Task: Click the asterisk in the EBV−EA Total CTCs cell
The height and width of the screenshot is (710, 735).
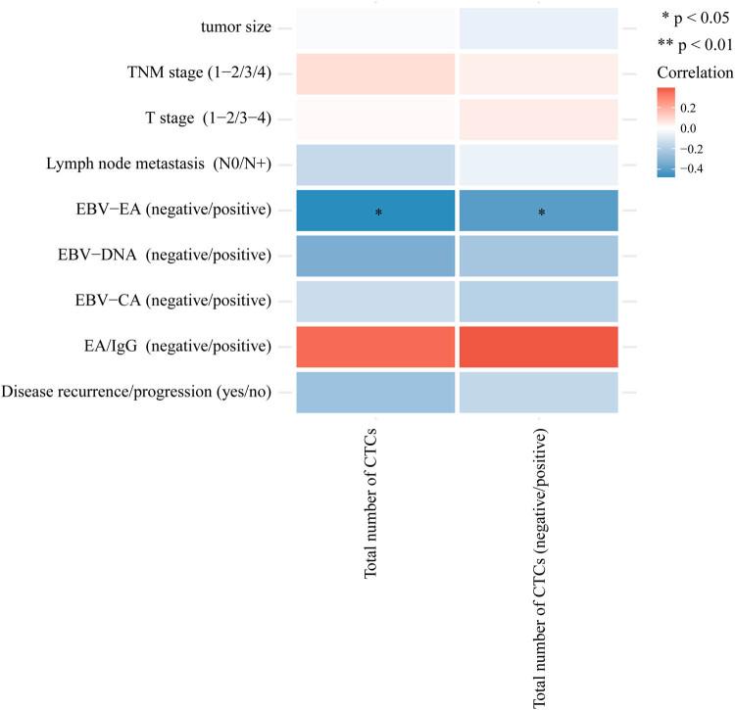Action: tap(377, 213)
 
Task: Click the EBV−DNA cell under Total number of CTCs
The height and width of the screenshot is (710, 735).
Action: tap(377, 257)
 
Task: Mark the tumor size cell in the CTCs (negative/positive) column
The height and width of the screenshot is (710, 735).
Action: tap(537, 28)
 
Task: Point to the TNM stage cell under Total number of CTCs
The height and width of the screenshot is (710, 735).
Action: tap(377, 73)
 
